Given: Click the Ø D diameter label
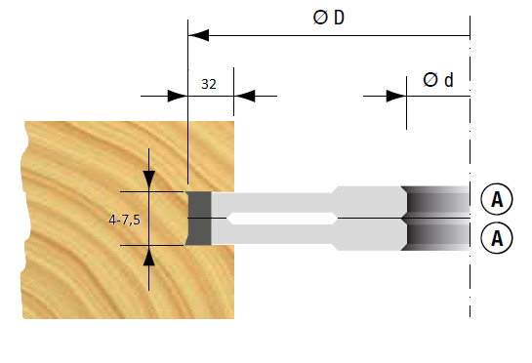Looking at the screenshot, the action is point(328,18).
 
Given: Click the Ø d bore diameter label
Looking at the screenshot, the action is point(438,80).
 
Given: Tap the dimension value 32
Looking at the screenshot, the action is point(209,84).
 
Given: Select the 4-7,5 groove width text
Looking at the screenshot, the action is point(124,220).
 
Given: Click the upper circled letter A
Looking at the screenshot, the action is point(497,199).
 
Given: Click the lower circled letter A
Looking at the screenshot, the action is point(497,238).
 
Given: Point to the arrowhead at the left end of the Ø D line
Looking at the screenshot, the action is point(198,35).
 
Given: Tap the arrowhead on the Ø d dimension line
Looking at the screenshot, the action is point(396,96).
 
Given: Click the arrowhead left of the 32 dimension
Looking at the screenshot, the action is point(178,96).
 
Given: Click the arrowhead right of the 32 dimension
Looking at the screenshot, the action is point(244,96).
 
